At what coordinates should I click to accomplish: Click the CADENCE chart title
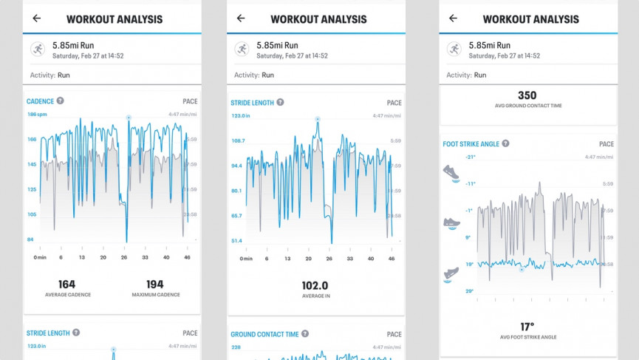(x=41, y=101)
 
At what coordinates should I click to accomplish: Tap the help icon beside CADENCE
(x=61, y=101)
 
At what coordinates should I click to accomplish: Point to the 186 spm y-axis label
(x=37, y=115)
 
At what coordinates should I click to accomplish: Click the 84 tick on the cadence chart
(x=31, y=240)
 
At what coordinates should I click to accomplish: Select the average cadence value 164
(x=66, y=284)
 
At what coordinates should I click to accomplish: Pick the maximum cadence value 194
(x=155, y=284)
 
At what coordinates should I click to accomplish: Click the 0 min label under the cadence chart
(x=40, y=257)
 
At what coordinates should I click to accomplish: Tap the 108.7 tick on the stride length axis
(x=237, y=140)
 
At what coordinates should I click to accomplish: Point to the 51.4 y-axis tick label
(x=237, y=240)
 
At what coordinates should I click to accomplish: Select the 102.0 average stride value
(x=315, y=285)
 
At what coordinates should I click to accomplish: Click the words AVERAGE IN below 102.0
(x=315, y=297)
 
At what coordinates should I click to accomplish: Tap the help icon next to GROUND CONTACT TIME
(x=305, y=334)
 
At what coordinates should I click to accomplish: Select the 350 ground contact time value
(x=527, y=95)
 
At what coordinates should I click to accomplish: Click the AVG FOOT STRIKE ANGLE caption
(x=527, y=337)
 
